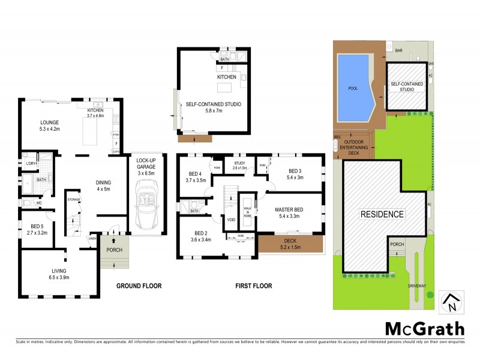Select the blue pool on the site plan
pyautogui.click(x=355, y=87)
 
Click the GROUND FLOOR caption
pyautogui.click(x=139, y=287)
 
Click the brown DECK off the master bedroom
pyautogui.click(x=290, y=243)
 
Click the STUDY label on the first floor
pyautogui.click(x=240, y=162)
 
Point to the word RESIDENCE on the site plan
pyautogui.click(x=382, y=214)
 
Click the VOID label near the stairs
pyautogui.click(x=231, y=220)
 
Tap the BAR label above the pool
pyautogui.click(x=398, y=51)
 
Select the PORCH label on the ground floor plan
pyautogui.click(x=114, y=250)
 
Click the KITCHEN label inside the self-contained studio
pyautogui.click(x=227, y=77)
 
